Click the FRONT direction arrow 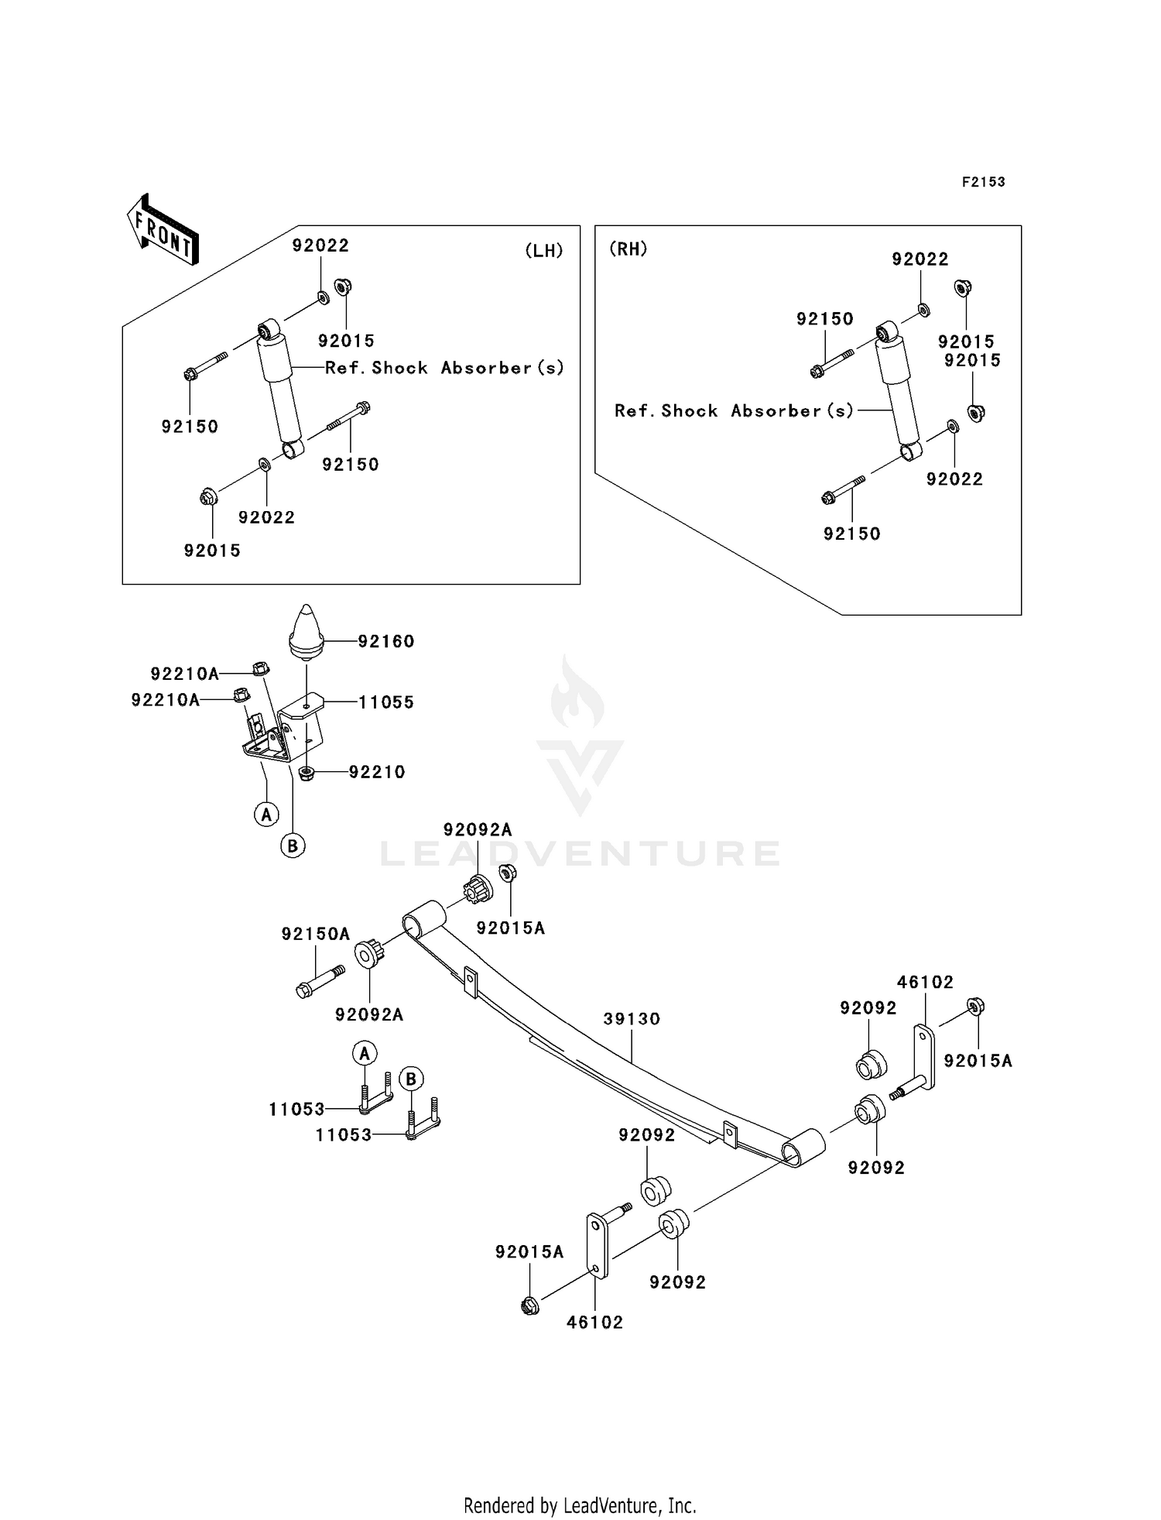(163, 230)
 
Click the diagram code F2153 (984, 182)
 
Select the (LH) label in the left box (544, 250)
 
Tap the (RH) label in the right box (628, 249)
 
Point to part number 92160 (386, 641)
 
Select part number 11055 (386, 702)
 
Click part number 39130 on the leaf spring (632, 1019)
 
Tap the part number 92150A (316, 934)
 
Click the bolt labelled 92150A (320, 980)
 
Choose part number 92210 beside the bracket (377, 772)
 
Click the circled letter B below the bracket (293, 846)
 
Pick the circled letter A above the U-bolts (365, 1053)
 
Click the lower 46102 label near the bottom (594, 1323)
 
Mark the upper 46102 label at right (926, 982)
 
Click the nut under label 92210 (306, 773)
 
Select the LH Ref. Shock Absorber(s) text (445, 368)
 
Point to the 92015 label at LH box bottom (212, 551)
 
